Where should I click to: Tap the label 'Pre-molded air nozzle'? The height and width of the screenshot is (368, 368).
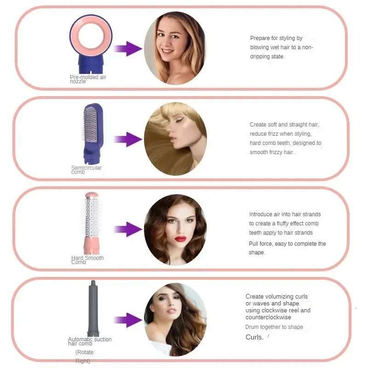point(88,79)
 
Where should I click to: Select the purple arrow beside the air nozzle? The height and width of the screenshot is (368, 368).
point(128,49)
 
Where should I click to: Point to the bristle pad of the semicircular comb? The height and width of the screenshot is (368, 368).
point(90,124)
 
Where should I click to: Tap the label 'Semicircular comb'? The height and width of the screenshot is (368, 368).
point(86,170)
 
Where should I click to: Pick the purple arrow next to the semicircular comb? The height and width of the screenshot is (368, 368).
point(128,139)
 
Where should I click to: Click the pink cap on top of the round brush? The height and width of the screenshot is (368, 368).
point(92,195)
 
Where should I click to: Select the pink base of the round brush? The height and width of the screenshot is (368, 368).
point(92,246)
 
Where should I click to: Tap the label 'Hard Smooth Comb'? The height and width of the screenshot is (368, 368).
point(87,260)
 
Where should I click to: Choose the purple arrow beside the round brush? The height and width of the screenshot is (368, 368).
point(128,229)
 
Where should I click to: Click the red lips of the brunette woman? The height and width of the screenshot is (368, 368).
point(180,239)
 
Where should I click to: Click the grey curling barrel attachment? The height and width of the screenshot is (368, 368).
point(93,308)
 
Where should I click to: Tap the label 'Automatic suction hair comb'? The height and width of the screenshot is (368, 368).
point(90,341)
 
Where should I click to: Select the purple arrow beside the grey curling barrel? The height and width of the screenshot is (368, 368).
point(128,320)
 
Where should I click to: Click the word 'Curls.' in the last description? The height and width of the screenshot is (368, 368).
point(254,337)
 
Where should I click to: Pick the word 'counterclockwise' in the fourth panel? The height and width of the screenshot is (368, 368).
point(268,317)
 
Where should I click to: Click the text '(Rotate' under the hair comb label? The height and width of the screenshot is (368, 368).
point(85,352)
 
